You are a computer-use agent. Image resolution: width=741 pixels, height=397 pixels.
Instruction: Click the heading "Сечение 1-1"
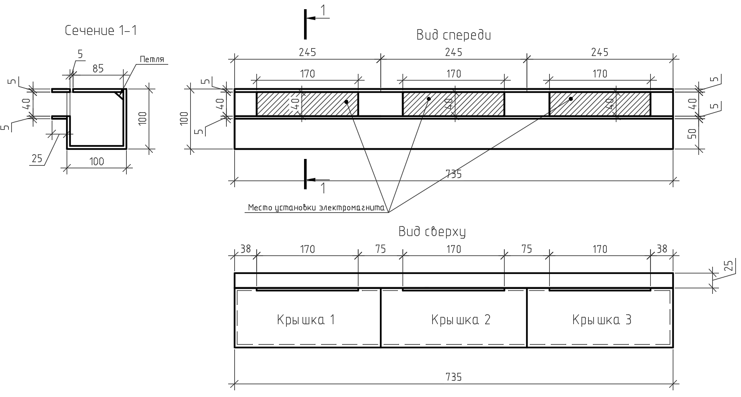[x=101, y=31]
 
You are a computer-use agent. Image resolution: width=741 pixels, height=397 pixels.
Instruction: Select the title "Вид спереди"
[x=454, y=35]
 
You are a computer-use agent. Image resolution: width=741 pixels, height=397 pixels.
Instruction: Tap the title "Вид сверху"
[x=432, y=232]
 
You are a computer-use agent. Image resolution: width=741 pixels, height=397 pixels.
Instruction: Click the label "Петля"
[x=152, y=60]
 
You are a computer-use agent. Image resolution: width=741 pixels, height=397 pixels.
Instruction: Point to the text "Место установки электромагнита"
[x=316, y=208]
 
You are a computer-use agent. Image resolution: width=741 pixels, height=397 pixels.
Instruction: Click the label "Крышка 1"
[x=306, y=320]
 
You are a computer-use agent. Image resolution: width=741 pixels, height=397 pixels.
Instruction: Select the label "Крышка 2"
[x=461, y=320]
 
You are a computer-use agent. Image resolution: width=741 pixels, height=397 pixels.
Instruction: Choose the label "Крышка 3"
[x=602, y=320]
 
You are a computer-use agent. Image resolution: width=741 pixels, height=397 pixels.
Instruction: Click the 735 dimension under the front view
[x=453, y=174]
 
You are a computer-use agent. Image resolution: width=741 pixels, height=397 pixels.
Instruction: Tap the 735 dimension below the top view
[x=453, y=377]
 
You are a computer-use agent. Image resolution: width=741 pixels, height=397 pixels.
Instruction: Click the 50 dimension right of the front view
[x=692, y=134]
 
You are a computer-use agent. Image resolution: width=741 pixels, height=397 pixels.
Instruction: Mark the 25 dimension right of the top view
[x=729, y=266]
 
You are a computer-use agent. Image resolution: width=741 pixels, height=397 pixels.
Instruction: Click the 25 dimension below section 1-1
[x=37, y=158]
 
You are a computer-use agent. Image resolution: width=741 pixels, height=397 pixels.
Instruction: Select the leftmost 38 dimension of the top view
[x=246, y=249]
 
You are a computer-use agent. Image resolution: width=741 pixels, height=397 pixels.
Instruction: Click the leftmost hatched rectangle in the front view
[x=307, y=104]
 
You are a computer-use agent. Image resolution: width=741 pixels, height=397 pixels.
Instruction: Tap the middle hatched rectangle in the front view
[x=453, y=104]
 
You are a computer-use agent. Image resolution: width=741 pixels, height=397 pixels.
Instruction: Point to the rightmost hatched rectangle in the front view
[x=599, y=104]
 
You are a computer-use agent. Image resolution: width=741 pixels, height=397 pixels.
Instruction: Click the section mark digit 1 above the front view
[x=323, y=10]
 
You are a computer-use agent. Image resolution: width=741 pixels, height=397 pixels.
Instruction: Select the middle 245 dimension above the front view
[x=453, y=52]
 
